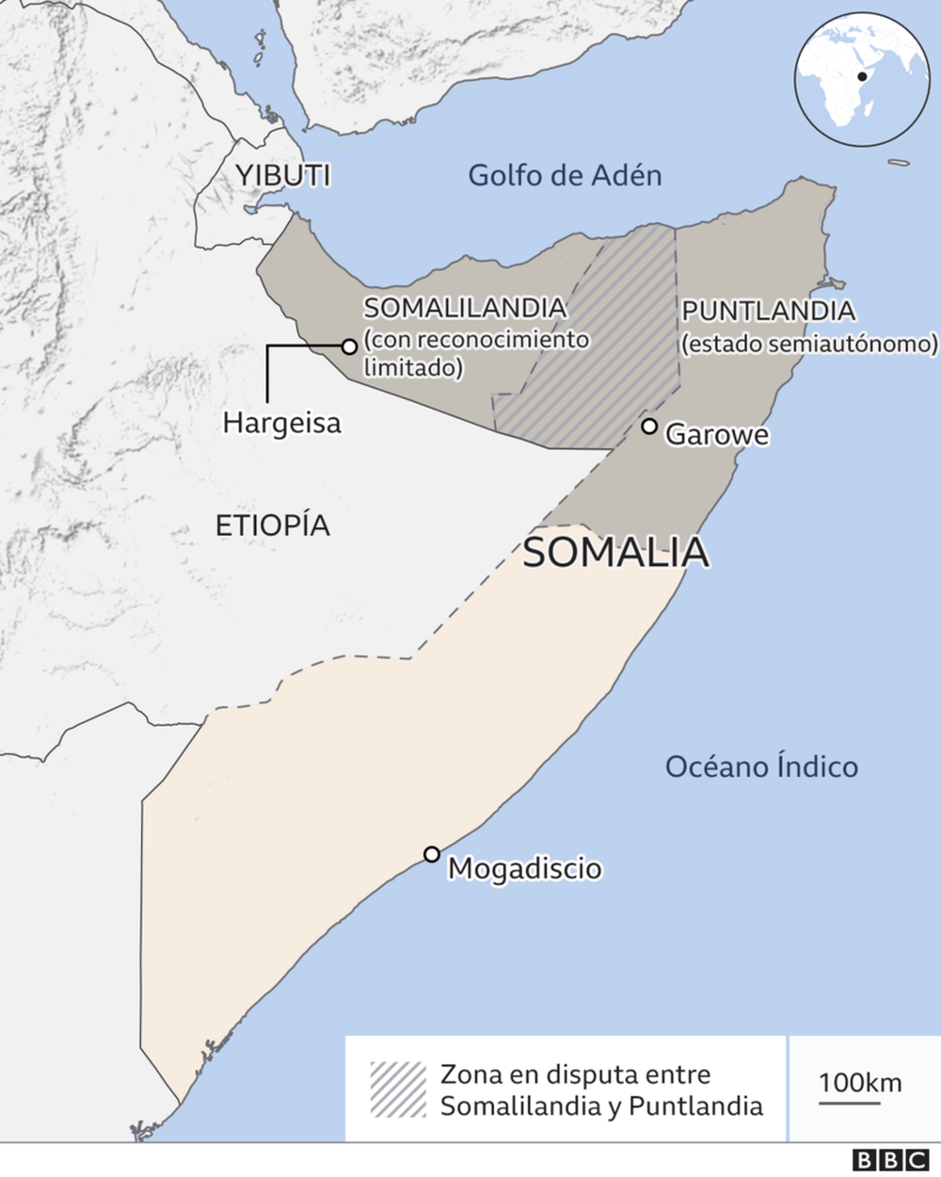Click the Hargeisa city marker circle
349,347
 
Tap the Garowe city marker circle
649,427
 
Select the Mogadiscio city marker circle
432,854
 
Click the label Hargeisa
281,423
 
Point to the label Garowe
717,435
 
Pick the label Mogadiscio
524,868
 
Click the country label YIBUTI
283,175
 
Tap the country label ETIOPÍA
273,525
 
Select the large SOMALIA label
615,553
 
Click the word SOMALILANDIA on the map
465,308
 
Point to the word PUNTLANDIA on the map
768,311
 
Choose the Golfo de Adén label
565,175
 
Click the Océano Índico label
761,766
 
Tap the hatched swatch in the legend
398,1089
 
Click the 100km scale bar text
859,1083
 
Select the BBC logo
888,1161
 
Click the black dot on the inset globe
861,77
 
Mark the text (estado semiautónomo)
810,344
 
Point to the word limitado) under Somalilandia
413,368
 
